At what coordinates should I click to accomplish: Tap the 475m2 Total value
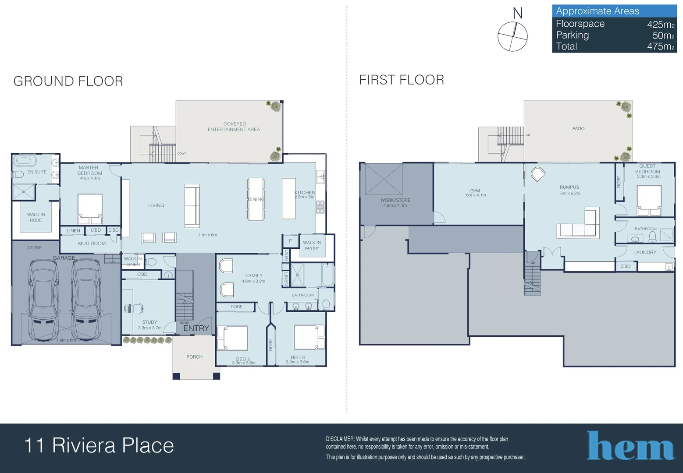pos(661,46)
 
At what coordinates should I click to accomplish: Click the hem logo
pos(630,445)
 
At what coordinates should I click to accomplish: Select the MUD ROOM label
pos(92,244)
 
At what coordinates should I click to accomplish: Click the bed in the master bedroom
pos(90,209)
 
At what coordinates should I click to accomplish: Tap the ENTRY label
pos(196,328)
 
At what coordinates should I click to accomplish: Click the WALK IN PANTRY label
pos(312,245)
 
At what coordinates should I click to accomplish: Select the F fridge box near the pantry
pos(291,241)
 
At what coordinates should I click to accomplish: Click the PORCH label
pos(195,357)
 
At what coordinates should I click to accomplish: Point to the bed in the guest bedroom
pos(649,201)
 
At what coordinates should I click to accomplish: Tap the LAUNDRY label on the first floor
pos(644,252)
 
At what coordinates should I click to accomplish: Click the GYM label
pos(475,191)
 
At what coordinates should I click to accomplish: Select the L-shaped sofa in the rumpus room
pos(578,224)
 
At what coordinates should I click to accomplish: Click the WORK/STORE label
pos(395,200)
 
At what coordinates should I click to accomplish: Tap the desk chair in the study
pos(138,308)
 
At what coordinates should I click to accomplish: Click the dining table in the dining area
pos(256,199)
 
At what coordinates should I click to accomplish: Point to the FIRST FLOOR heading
pos(402,80)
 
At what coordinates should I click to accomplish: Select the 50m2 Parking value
pos(663,35)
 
